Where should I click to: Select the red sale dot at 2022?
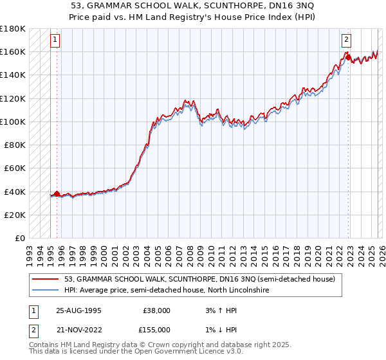(x=348, y=58)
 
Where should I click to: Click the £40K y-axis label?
(x=15, y=192)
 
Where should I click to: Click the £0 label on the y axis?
(x=19, y=239)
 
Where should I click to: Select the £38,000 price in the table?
(x=156, y=310)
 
